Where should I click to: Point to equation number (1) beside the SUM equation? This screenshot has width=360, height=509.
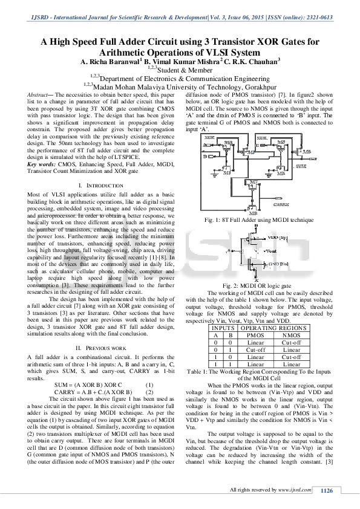pos(149,384)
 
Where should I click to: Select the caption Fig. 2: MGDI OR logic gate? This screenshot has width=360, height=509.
pos(257,284)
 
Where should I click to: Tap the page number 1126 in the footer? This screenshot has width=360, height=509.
pos(327,490)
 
